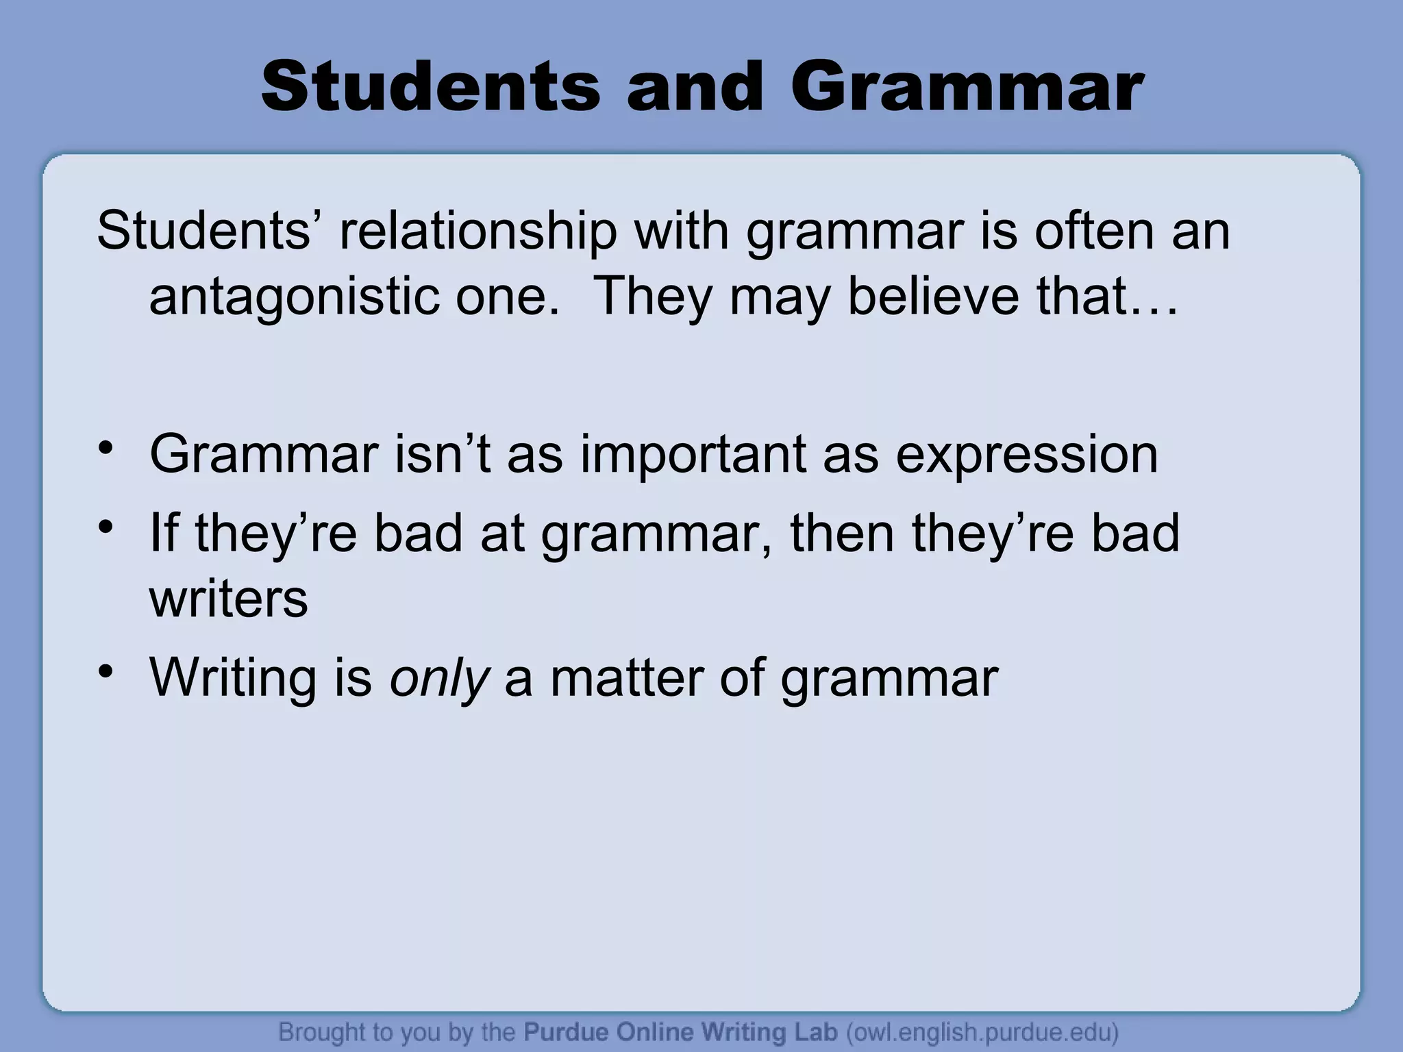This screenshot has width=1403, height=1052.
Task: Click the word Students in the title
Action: [430, 88]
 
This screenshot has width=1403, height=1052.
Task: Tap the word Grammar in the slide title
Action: [966, 88]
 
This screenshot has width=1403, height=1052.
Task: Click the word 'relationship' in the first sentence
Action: [478, 231]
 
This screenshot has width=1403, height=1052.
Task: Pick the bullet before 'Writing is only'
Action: [105, 671]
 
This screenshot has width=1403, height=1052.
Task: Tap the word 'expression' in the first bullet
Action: [1027, 455]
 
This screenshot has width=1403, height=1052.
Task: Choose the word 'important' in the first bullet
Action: [693, 455]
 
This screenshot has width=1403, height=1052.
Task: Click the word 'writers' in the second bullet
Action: [229, 599]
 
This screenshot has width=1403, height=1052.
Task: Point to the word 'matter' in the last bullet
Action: [626, 677]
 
